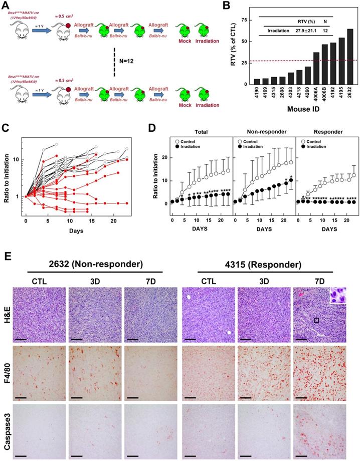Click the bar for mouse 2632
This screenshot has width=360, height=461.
tap(349, 58)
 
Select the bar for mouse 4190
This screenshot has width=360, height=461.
tap(257, 82)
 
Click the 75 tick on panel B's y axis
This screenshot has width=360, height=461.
tap(244, 19)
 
